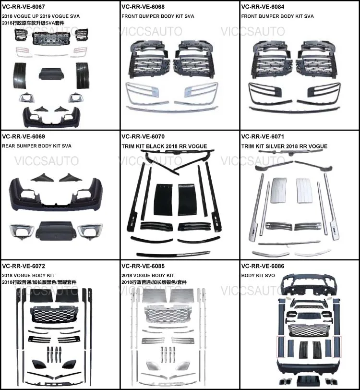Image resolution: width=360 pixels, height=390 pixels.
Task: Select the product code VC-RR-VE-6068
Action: (x=143, y=7)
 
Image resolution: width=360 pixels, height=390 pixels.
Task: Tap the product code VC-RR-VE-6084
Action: (x=263, y=7)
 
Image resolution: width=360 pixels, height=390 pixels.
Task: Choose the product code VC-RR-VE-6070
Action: (x=143, y=137)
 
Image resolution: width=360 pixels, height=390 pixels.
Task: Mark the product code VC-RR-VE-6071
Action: (x=263, y=137)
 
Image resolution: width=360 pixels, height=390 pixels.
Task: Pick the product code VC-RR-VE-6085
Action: (x=143, y=266)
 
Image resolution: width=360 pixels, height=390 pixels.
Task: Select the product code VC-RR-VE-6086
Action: (x=263, y=266)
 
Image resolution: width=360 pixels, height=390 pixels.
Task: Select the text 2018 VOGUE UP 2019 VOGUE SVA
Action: (x=41, y=16)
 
